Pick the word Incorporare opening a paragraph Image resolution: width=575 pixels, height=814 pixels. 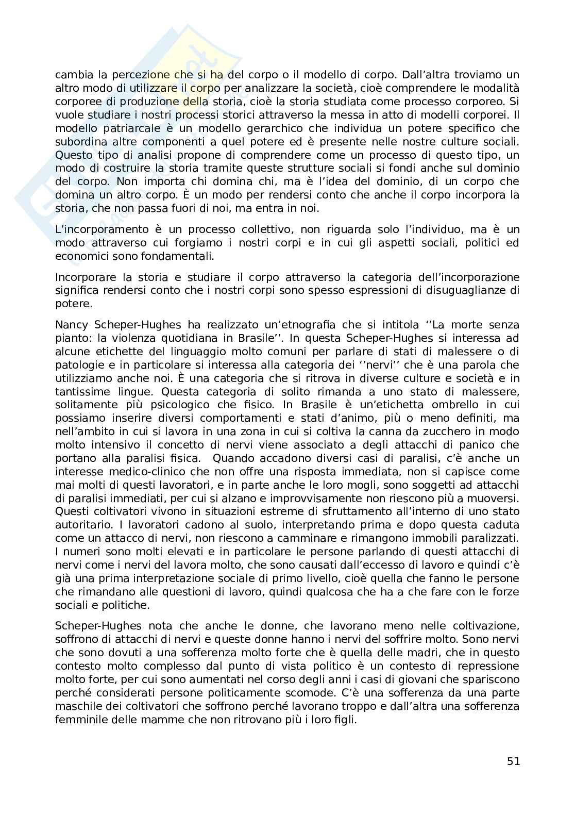point(82,277)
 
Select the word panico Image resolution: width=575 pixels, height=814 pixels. point(468,445)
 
